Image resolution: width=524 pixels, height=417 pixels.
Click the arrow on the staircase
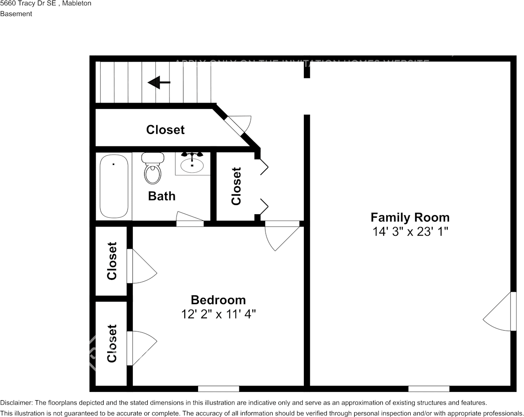pos(159,82)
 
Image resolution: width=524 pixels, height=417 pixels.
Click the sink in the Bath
pos(192,164)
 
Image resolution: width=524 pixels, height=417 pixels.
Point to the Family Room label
pos(410,217)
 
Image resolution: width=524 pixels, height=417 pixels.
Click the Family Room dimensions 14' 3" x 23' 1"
pos(410,231)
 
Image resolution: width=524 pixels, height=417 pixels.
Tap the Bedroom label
pos(218,300)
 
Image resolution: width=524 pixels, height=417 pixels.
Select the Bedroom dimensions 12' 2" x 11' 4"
pos(218,314)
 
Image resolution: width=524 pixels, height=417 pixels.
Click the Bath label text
pos(161,196)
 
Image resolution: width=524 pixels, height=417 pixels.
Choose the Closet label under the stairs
pos(165,130)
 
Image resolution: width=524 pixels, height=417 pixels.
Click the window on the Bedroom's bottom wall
pos(218,388)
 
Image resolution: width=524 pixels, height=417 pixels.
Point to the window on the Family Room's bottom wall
pos(429,388)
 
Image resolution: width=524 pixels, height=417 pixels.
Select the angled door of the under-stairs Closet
pos(238,123)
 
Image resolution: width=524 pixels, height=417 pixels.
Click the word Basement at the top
pos(16,14)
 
